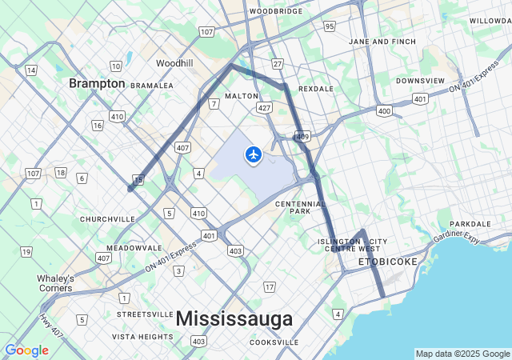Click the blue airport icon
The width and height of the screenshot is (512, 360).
pyautogui.click(x=254, y=154)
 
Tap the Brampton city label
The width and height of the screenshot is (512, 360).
pyautogui.click(x=97, y=83)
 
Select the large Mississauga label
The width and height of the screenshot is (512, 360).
pyautogui.click(x=234, y=318)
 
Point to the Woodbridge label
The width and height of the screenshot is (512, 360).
pyautogui.click(x=276, y=11)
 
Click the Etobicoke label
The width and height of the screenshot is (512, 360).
pyautogui.click(x=387, y=262)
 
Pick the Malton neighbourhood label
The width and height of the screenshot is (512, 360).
pyautogui.click(x=242, y=96)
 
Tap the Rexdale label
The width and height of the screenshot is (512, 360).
pyautogui.click(x=314, y=89)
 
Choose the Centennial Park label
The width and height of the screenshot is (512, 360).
pyautogui.click(x=301, y=208)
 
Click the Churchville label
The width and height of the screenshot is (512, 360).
pyautogui.click(x=108, y=218)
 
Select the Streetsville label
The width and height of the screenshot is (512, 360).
pyautogui.click(x=145, y=314)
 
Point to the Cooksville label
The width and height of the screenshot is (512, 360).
pyautogui.click(x=274, y=342)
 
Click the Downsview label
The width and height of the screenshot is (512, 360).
pyautogui.click(x=420, y=81)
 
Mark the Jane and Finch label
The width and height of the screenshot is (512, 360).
pyautogui.click(x=382, y=42)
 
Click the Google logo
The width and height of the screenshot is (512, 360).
pyautogui.click(x=26, y=350)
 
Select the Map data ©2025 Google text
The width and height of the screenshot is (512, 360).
pyautogui.click(x=462, y=354)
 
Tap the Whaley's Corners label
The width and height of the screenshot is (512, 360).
pyautogui.click(x=55, y=283)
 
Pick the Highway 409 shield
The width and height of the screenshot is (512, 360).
pyautogui.click(x=302, y=137)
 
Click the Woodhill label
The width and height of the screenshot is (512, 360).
pyautogui.click(x=174, y=63)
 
